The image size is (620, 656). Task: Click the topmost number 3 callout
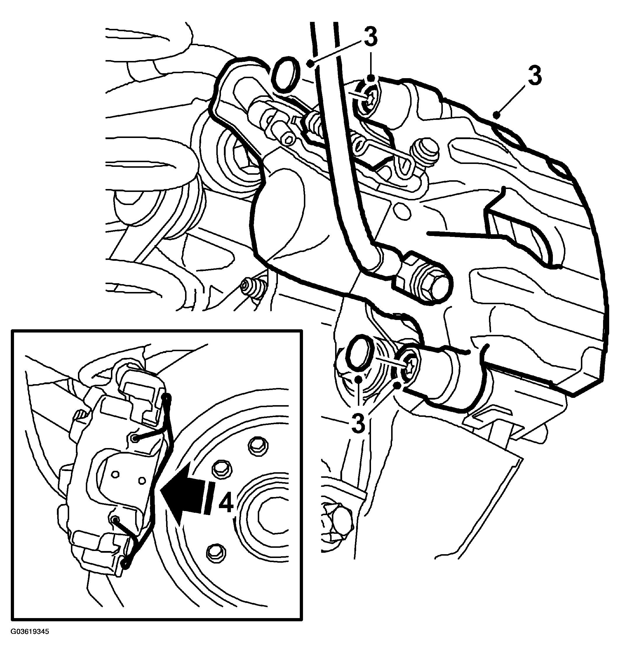370,37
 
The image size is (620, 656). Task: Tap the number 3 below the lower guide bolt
358,423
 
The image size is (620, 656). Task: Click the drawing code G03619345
30,631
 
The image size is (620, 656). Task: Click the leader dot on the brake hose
310,63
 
